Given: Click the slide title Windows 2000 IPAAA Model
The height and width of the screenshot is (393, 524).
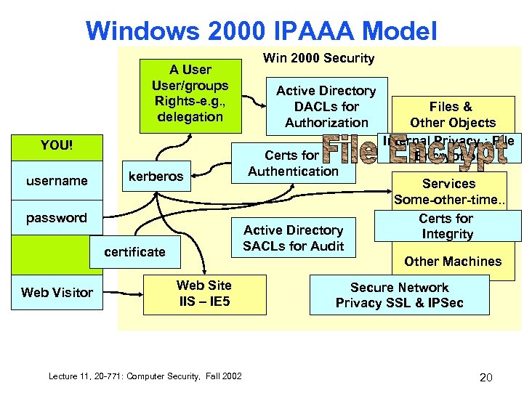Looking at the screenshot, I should (261, 31).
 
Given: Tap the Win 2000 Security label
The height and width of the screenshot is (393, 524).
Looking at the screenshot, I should (318, 58).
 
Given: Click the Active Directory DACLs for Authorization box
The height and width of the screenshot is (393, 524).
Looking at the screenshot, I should (326, 106).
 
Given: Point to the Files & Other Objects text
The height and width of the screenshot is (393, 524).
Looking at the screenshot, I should (452, 115).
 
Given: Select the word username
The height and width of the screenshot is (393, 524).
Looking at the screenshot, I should (57, 180).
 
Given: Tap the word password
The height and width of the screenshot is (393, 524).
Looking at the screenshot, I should (57, 217).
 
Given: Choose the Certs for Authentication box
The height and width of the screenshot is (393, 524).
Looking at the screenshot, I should (292, 163).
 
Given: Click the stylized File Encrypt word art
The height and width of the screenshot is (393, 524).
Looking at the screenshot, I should (414, 151).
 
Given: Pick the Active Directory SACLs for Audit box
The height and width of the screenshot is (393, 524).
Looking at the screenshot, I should (293, 238).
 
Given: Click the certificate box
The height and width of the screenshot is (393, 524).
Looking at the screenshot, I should (134, 251).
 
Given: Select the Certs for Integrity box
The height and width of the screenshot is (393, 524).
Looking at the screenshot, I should (446, 226).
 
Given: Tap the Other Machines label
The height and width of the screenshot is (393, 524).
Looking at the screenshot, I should (453, 262).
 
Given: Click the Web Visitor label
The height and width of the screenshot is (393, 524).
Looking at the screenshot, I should (57, 292).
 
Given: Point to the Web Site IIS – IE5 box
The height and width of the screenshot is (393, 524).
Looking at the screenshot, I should (203, 293).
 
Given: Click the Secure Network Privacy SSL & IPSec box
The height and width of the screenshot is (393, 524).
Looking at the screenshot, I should (399, 295).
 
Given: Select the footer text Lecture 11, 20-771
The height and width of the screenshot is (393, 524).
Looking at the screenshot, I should (145, 376).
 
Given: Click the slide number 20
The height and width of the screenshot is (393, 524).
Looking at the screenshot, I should (486, 377).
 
